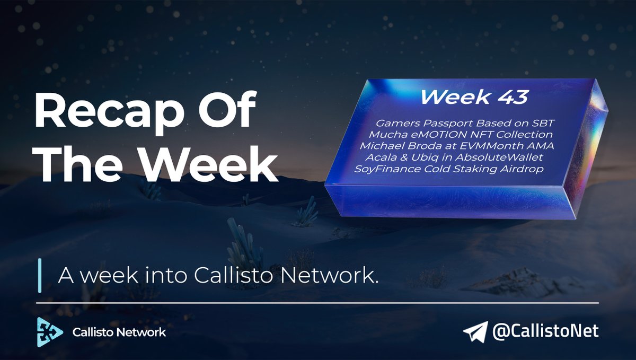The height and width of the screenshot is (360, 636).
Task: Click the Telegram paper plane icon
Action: [474, 332]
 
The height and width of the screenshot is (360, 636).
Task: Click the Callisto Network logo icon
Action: [50, 332]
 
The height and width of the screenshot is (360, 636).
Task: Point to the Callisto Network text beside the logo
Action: [119, 332]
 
